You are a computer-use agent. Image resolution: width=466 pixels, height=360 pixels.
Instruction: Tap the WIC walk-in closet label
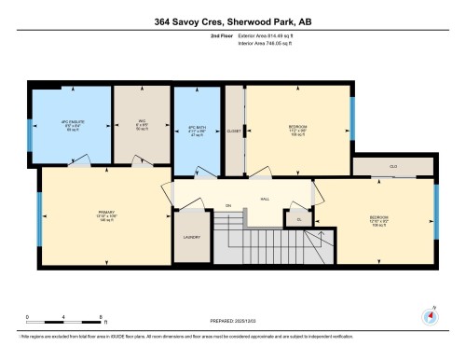click(130, 127)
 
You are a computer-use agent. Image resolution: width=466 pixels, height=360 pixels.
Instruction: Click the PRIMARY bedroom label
click(106, 215)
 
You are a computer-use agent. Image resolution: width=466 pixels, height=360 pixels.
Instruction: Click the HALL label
click(265, 199)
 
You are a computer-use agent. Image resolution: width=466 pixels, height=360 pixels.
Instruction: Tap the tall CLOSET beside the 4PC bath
click(233, 132)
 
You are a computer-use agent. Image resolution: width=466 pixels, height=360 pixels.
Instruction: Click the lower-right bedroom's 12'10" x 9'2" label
click(377, 221)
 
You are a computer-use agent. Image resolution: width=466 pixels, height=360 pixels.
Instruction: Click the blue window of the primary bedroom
click(39, 216)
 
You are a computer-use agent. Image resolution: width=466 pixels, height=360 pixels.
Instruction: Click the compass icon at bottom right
click(431, 315)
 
